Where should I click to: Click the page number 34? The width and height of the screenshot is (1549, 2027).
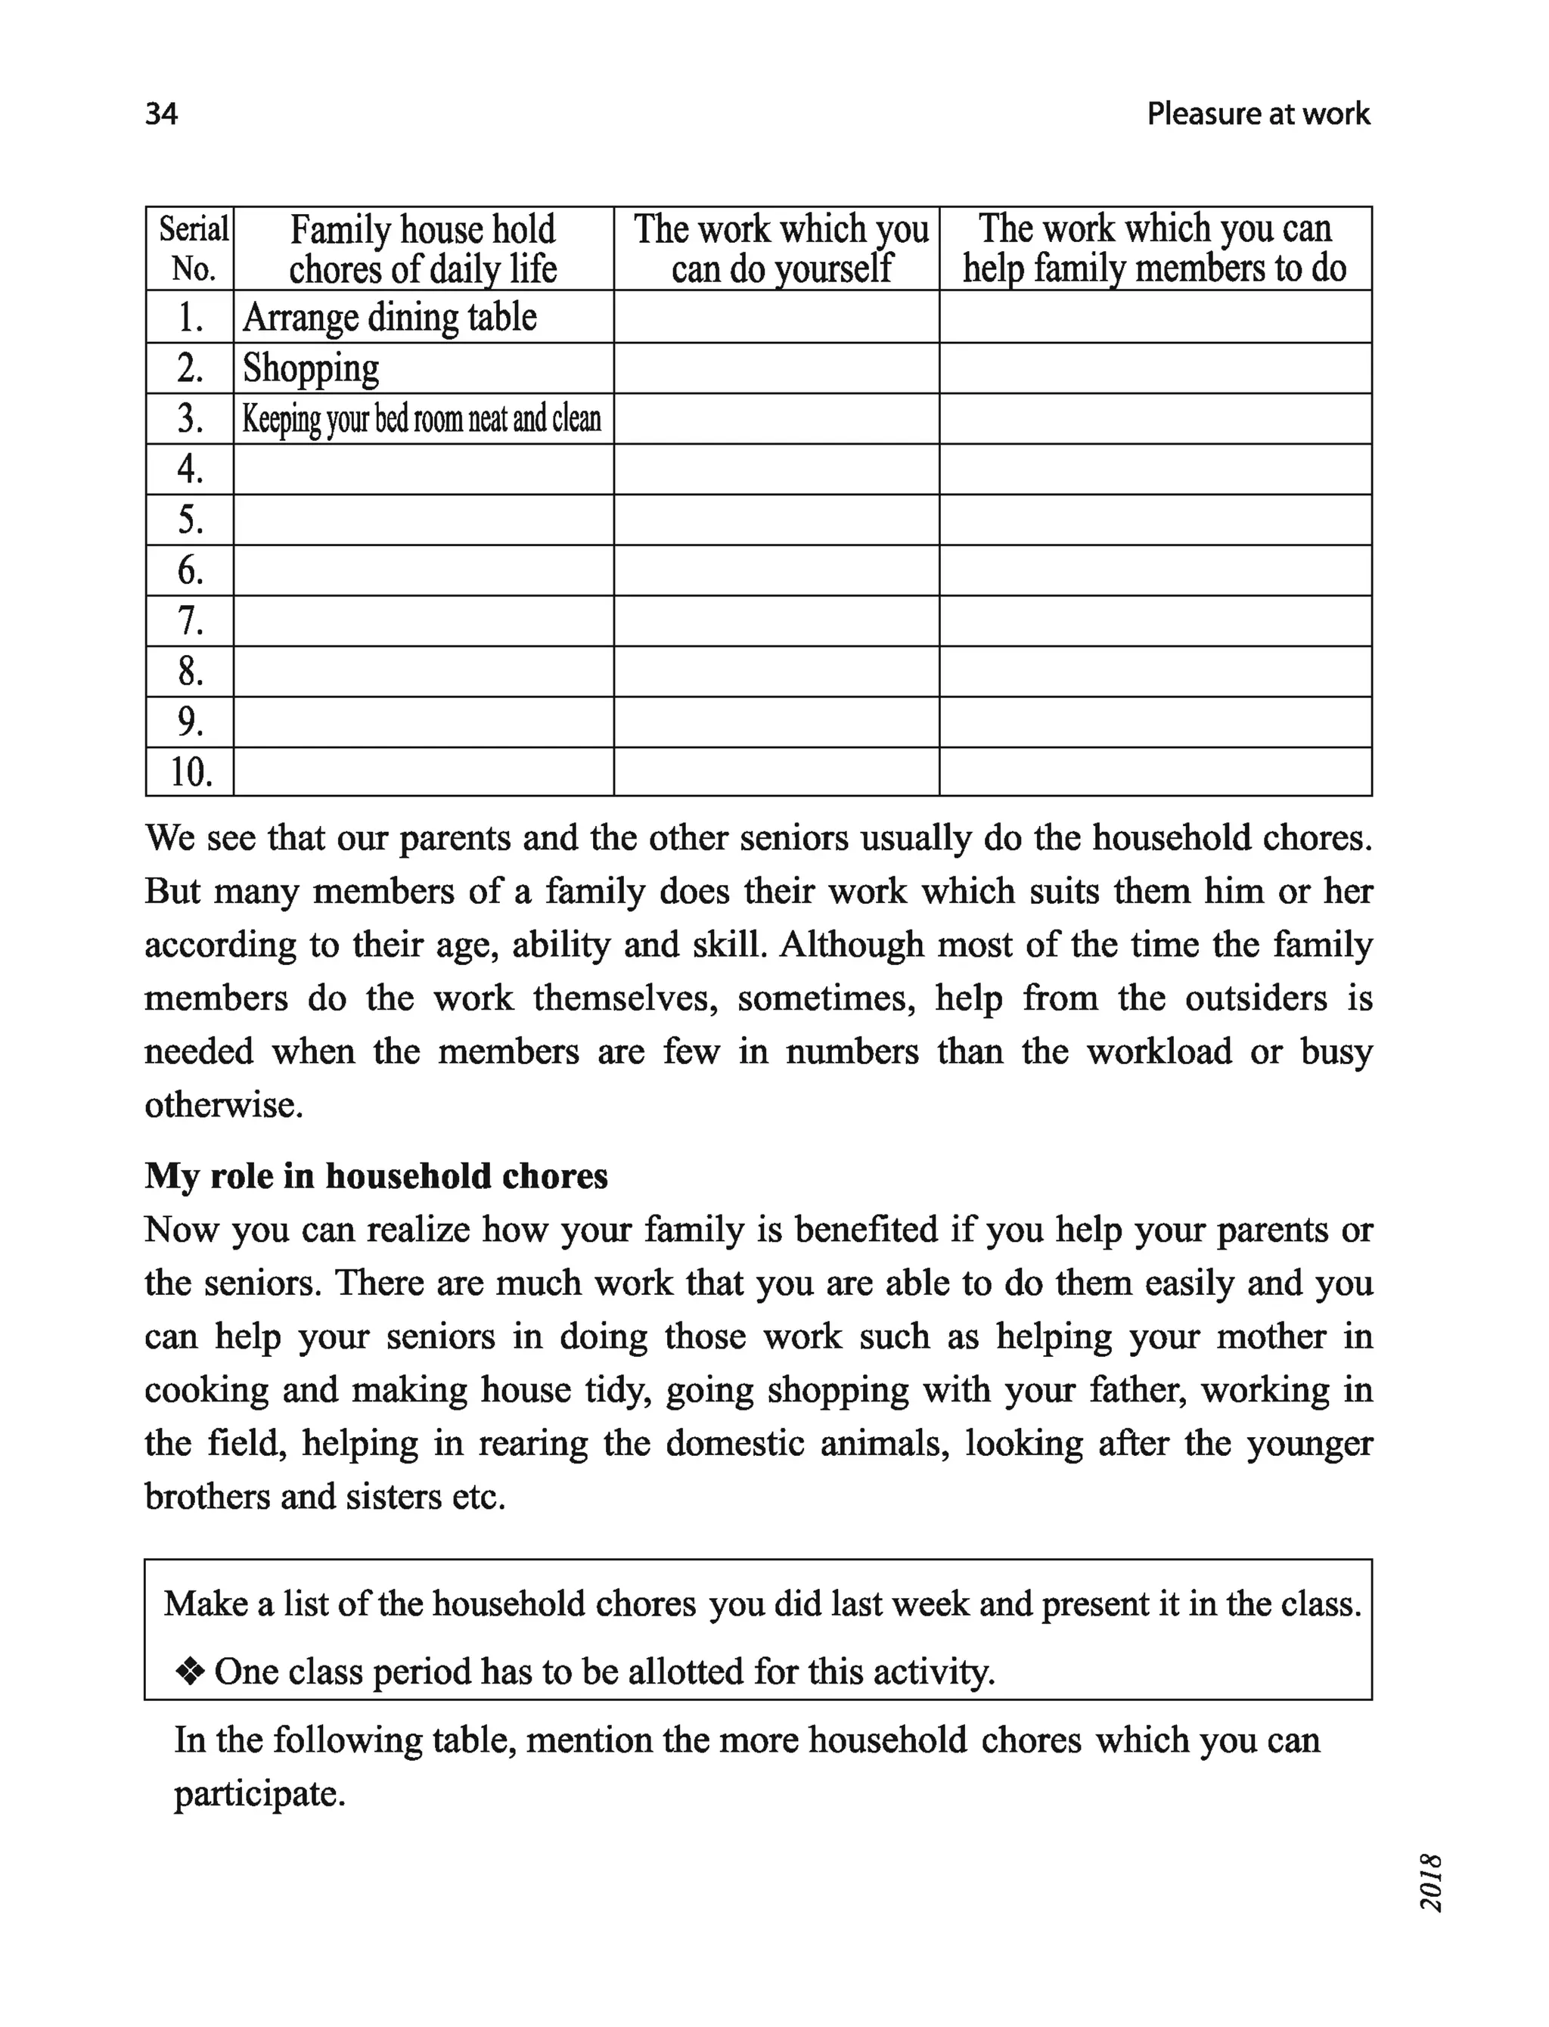[161, 113]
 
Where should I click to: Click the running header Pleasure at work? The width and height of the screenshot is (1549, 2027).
[1258, 113]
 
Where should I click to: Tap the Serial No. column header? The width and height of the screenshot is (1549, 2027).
[192, 249]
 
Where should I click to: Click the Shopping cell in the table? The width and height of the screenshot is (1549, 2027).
[311, 368]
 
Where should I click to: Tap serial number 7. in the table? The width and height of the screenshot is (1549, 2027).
[190, 620]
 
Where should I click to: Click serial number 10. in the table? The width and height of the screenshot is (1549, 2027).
[190, 771]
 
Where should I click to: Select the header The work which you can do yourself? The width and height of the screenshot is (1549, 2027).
[780, 249]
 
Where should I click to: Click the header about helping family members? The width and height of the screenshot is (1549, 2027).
[1154, 249]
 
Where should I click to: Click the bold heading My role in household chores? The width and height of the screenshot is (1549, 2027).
[376, 1177]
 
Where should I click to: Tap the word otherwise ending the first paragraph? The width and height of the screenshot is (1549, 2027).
[224, 1104]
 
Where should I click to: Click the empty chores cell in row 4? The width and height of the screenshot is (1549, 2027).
[424, 469]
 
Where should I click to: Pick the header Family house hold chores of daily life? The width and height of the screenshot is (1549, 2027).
[424, 249]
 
